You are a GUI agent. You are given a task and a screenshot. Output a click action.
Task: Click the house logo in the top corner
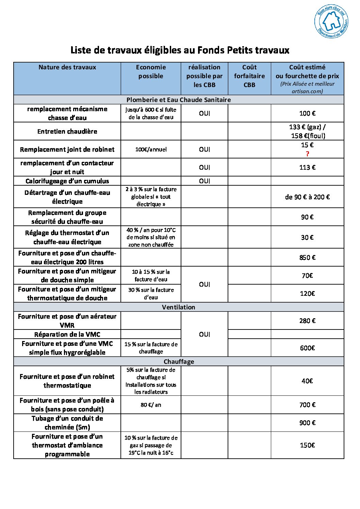pyautogui.click(x=331, y=21)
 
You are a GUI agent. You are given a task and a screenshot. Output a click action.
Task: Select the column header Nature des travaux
pyautogui.click(x=67, y=67)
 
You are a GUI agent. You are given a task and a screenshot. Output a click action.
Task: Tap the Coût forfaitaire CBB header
pyautogui.click(x=249, y=76)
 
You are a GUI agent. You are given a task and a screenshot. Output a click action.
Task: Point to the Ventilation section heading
pyautogui.click(x=179, y=307)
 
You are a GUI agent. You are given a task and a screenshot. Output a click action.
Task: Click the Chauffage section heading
pyautogui.click(x=179, y=361)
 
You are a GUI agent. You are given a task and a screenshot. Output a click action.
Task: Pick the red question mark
pyautogui.click(x=307, y=154)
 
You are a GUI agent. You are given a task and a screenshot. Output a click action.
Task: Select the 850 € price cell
pyautogui.click(x=307, y=257)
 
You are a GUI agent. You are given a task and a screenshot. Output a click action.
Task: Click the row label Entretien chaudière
pyautogui.click(x=67, y=131)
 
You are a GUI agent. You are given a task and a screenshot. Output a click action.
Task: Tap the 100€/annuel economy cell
pyautogui.click(x=151, y=149)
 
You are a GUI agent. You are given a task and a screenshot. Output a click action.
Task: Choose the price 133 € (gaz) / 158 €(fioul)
pyautogui.click(x=307, y=131)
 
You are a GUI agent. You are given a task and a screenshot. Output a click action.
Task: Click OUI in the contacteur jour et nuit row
pyautogui.click(x=204, y=167)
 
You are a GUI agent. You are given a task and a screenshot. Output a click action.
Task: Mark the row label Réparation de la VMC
pyautogui.click(x=67, y=334)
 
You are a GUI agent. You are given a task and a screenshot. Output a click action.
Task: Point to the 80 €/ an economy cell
pyautogui.click(x=151, y=405)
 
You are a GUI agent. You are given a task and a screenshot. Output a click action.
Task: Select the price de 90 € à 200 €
pyautogui.click(x=307, y=197)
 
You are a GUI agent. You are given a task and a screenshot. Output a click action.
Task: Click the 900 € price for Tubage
pyautogui.click(x=307, y=423)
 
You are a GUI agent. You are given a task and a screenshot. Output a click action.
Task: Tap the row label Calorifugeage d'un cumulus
pyautogui.click(x=67, y=181)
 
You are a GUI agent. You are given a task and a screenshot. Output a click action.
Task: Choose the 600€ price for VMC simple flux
pyautogui.click(x=307, y=348)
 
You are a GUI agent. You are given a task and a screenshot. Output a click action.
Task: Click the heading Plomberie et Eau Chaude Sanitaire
pyautogui.click(x=179, y=100)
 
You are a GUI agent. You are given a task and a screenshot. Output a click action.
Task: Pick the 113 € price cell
pyautogui.click(x=307, y=167)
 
